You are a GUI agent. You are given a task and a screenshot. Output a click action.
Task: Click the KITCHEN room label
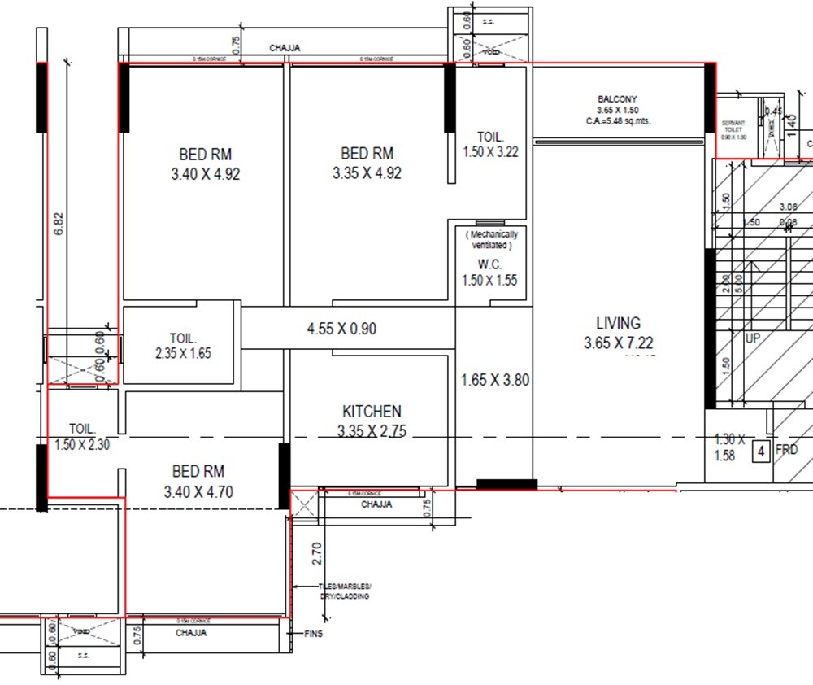[371, 412]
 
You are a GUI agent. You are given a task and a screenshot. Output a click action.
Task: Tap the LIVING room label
[618, 323]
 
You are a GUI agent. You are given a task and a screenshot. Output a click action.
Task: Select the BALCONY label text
[618, 98]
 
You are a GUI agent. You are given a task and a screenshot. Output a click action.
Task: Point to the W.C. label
[490, 264]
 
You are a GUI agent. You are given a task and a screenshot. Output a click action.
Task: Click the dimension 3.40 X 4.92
[206, 173]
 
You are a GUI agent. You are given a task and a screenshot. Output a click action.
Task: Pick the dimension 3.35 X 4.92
[367, 173]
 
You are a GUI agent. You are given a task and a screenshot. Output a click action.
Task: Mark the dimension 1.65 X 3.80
[495, 380]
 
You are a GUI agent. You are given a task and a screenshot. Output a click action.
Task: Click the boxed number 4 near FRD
[760, 451]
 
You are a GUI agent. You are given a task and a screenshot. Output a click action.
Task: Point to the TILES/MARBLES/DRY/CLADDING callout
[345, 591]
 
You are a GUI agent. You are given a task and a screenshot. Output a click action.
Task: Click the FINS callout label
[313, 634]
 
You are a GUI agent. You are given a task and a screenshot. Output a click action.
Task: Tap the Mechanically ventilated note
[491, 240]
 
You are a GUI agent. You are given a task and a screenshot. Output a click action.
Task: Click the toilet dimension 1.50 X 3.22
[490, 152]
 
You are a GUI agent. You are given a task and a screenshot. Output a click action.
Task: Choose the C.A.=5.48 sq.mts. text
[618, 120]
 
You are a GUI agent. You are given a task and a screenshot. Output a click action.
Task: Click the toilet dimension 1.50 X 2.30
[82, 445]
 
